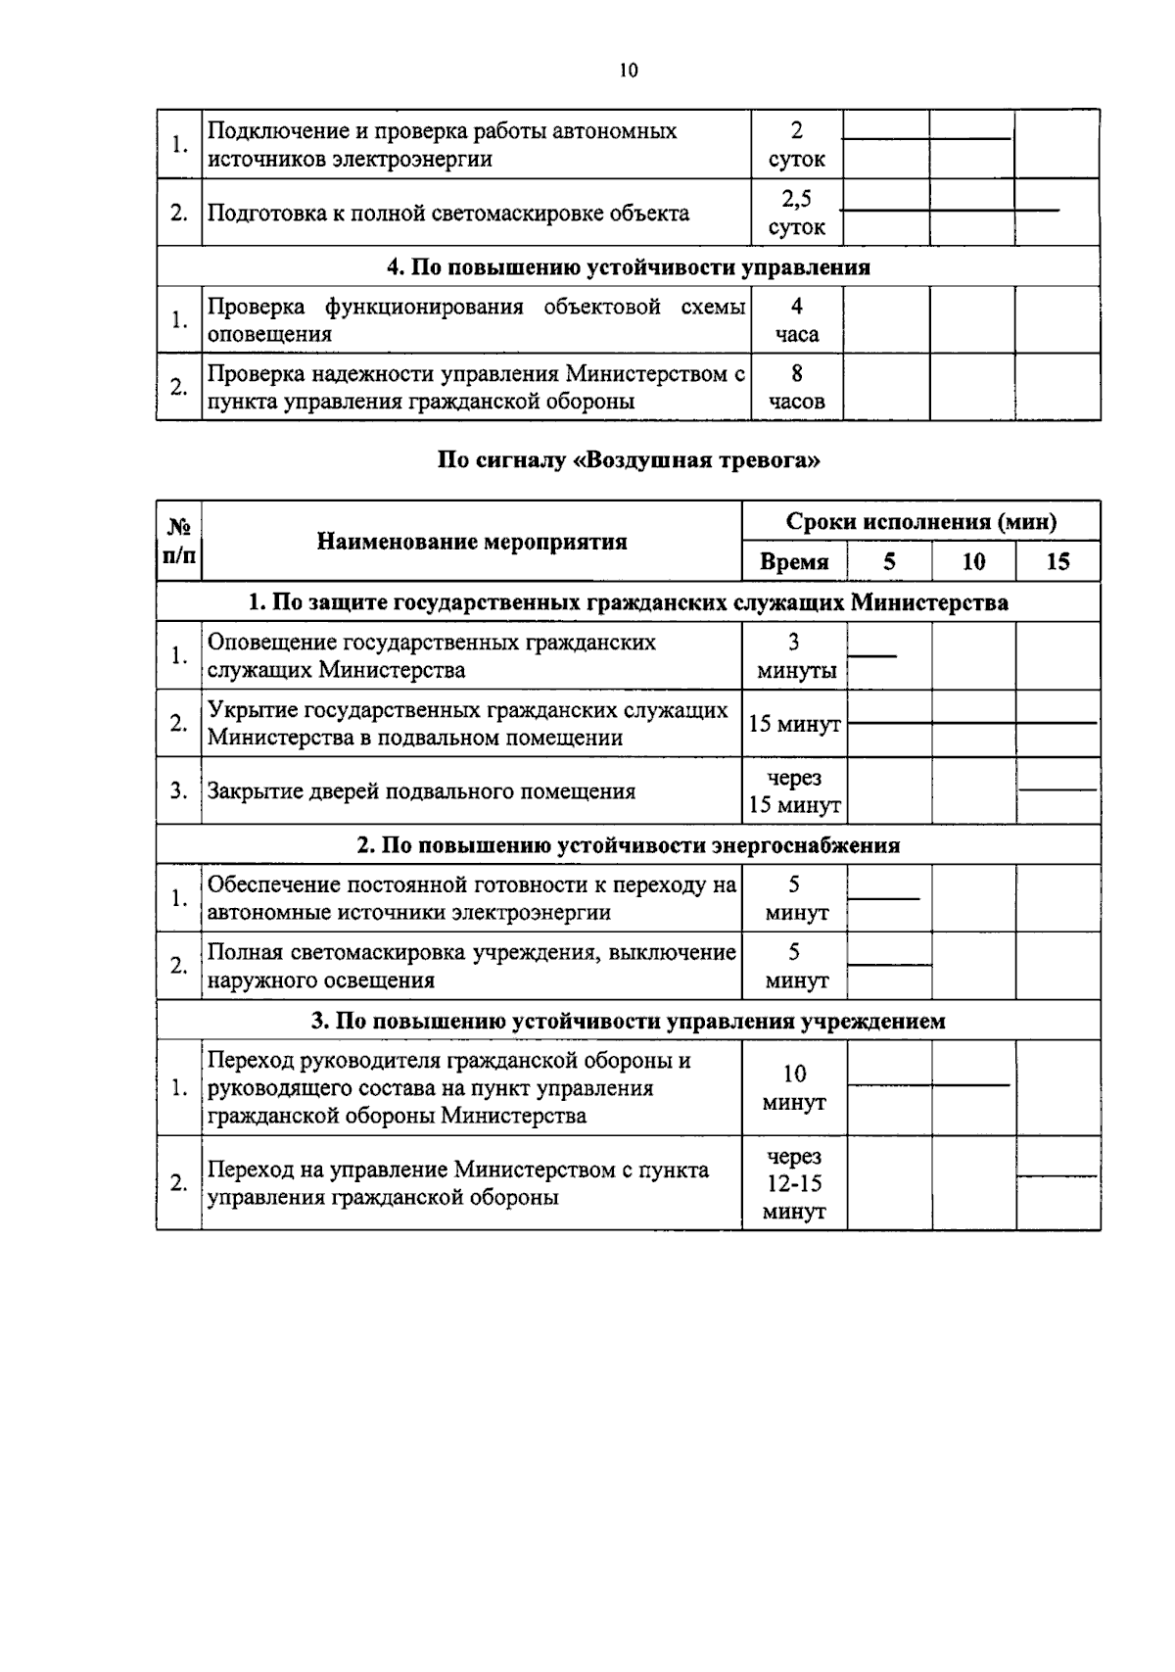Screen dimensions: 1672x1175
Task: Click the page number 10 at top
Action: point(629,71)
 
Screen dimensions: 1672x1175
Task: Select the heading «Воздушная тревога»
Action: point(628,461)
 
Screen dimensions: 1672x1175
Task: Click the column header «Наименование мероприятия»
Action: point(472,542)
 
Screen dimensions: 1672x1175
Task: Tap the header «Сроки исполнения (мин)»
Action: point(920,522)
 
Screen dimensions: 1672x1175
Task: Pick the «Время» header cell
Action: point(794,562)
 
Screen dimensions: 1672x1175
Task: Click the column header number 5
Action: point(889,562)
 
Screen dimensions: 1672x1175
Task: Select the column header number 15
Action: point(1057,562)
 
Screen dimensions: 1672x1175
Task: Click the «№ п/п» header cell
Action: point(178,542)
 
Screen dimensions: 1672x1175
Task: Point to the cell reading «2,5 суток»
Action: point(796,213)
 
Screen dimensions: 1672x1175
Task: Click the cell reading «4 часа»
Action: point(796,320)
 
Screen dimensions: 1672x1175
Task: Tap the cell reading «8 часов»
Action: point(796,387)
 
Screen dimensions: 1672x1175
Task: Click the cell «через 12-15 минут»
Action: point(794,1183)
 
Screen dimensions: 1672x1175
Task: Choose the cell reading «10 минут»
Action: point(794,1087)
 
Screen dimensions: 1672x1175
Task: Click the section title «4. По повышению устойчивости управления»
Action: point(628,267)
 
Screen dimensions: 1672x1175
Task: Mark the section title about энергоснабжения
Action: point(628,845)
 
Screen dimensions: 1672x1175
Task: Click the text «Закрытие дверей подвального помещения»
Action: point(421,791)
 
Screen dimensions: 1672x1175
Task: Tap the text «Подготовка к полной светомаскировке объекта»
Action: point(447,214)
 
